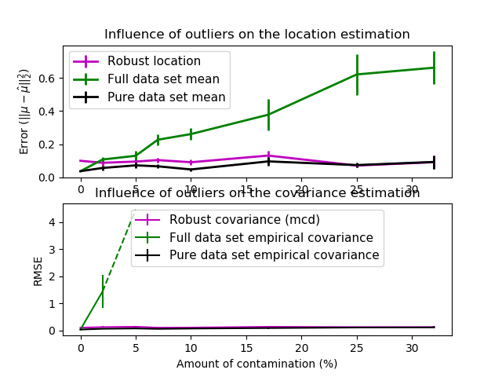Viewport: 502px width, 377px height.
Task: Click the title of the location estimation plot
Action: point(256,35)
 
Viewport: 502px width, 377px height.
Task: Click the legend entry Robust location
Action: point(154,61)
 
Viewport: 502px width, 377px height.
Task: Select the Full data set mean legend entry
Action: point(163,79)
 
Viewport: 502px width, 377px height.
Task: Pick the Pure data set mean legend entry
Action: point(166,97)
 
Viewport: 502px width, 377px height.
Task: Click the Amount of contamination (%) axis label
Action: point(256,364)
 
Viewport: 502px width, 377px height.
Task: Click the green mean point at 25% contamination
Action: point(357,75)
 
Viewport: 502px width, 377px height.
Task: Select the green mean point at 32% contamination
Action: point(434,68)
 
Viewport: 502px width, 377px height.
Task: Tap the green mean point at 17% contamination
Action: point(268,115)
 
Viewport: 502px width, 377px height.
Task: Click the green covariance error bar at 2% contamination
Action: point(103,291)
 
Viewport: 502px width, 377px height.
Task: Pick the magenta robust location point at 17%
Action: point(268,156)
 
